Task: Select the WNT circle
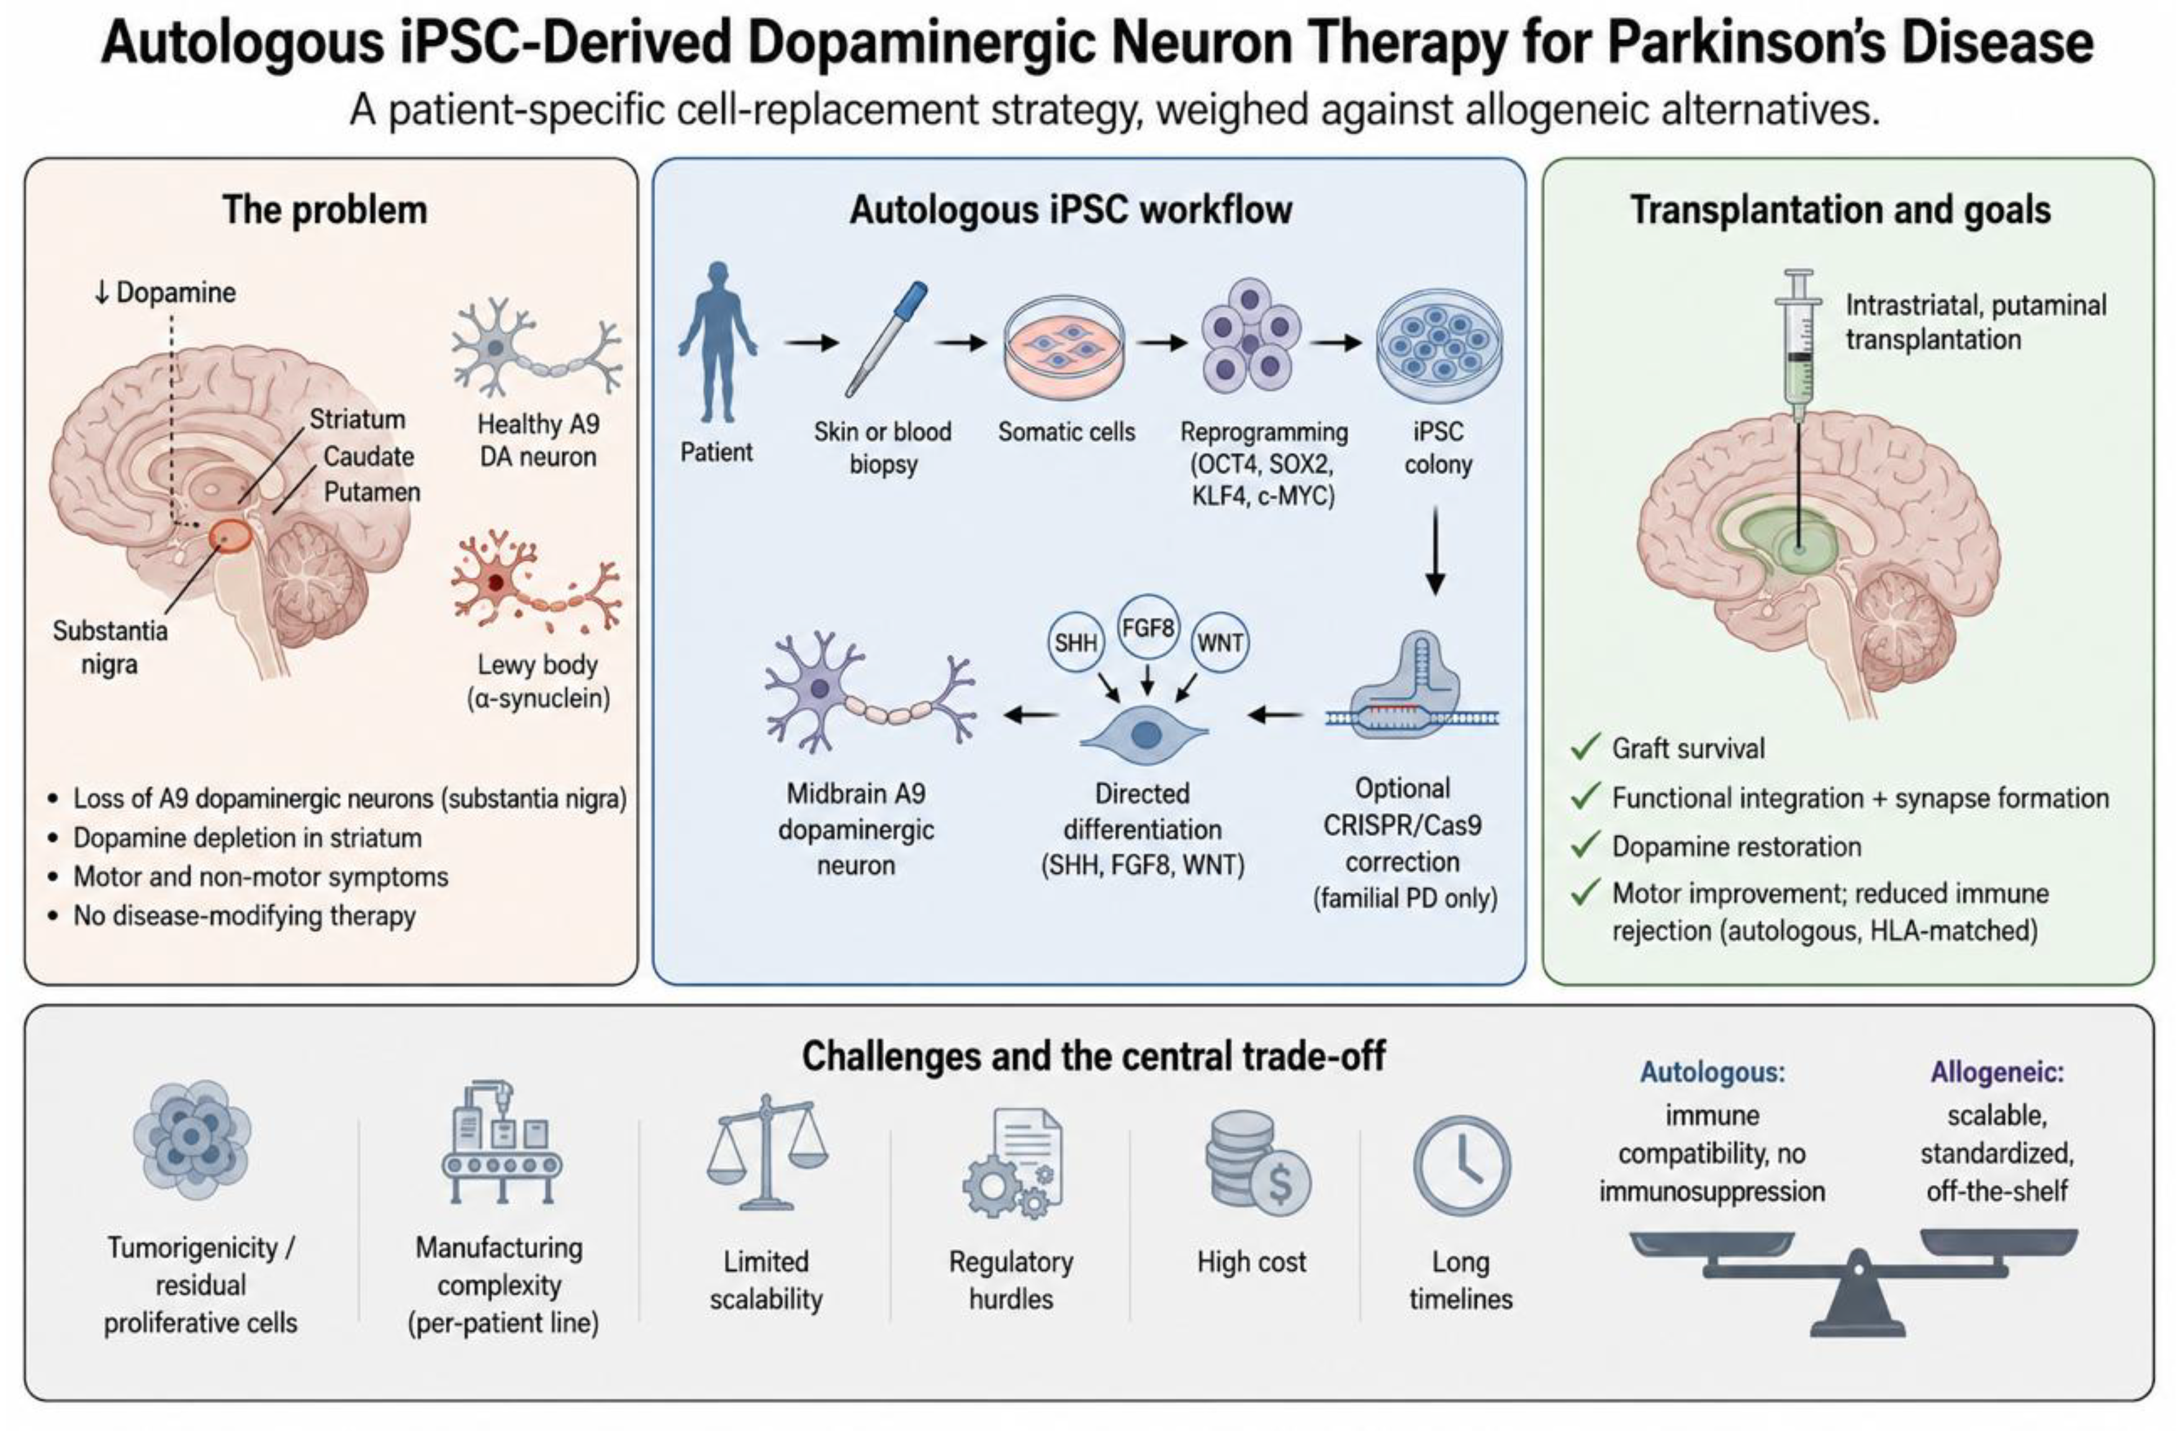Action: pyautogui.click(x=1220, y=643)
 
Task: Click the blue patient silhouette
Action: pyautogui.click(x=718, y=342)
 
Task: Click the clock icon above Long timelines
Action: pyautogui.click(x=1462, y=1166)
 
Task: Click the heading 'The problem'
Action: pyautogui.click(x=325, y=210)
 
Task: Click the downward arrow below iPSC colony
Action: pyautogui.click(x=1435, y=552)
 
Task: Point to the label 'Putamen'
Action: pyautogui.click(x=372, y=492)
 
